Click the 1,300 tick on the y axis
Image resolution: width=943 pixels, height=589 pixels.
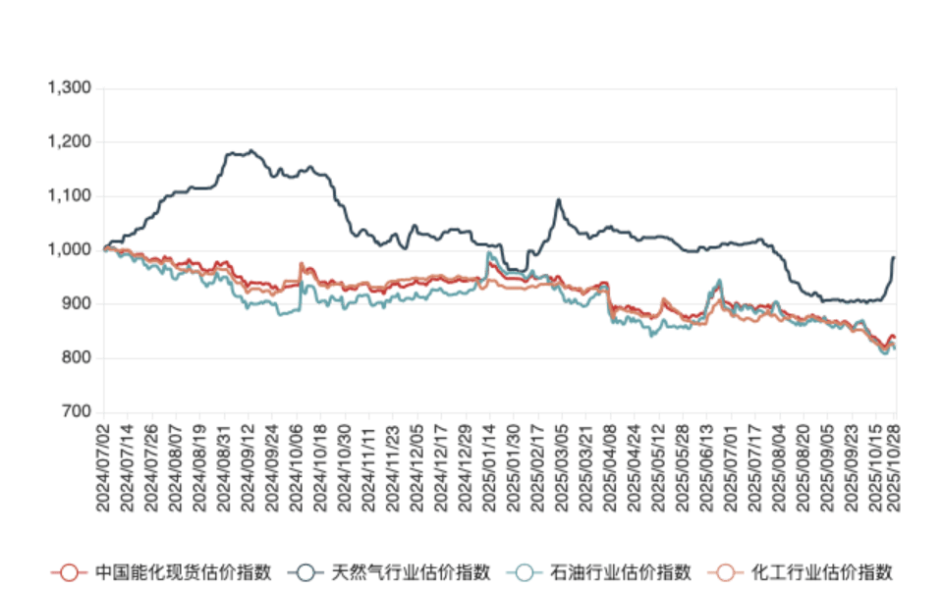pos(70,88)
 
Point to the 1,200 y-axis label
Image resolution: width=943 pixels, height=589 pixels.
pos(70,142)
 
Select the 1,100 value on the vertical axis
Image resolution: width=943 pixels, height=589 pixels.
pos(70,196)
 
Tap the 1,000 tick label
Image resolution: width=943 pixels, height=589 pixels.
pos(70,250)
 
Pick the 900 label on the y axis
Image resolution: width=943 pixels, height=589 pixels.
pos(76,304)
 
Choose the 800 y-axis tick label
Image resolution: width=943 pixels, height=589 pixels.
pos(76,358)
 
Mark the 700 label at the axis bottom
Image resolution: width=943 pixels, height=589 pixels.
pos(76,411)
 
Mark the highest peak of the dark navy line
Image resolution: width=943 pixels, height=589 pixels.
pos(251,150)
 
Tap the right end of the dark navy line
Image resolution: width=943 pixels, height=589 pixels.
pos(895,256)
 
